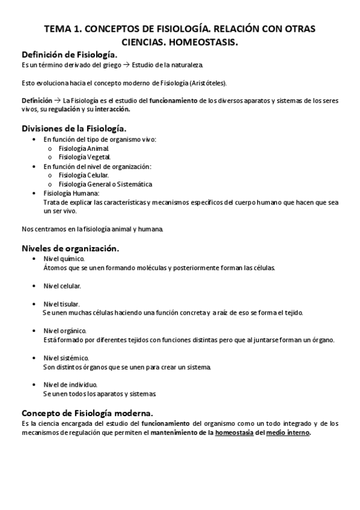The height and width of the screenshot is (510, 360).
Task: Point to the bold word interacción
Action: [112, 110]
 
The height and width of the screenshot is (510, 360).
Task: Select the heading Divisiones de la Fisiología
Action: [74, 129]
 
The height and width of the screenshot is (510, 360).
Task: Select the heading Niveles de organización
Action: [70, 248]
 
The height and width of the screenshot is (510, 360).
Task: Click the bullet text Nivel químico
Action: [64, 258]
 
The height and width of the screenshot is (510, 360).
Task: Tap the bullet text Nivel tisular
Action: [62, 304]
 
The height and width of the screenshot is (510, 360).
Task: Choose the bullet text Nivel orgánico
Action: [64, 331]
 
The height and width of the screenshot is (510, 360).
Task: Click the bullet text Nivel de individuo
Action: [70, 385]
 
